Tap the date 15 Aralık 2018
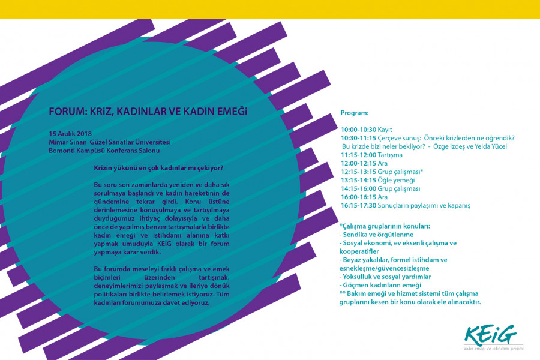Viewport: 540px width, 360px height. pos(70,133)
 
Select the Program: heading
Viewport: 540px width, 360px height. pos(355,113)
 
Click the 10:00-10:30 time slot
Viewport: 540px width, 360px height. pos(358,130)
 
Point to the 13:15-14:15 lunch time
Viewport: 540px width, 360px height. pos(358,180)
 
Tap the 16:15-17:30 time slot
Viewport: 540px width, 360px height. pos(358,205)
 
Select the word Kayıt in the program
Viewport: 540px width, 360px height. pos(385,130)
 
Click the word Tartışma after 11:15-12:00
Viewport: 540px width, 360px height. pos(391,155)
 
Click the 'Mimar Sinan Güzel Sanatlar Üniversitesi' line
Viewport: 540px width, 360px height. pos(110,142)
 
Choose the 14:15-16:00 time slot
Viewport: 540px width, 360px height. pos(358,188)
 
